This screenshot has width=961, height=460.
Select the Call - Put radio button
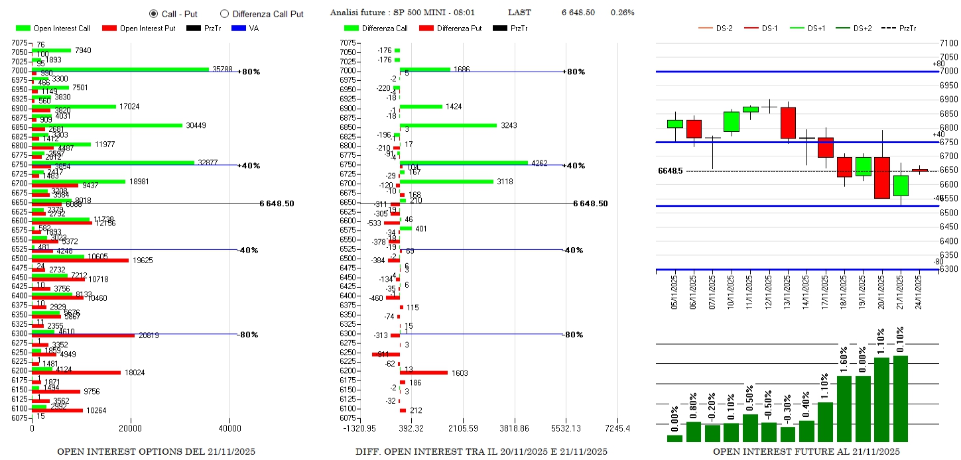(x=153, y=13)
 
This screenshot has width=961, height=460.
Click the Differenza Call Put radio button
(x=224, y=13)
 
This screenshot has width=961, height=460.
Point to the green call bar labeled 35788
(x=119, y=69)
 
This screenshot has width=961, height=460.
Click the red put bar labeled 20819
(x=83, y=335)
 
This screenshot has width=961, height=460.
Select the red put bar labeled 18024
(x=76, y=373)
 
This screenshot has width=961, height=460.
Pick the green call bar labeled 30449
(x=106, y=125)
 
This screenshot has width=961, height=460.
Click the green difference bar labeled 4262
(x=464, y=162)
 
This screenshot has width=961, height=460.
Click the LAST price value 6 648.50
(x=578, y=13)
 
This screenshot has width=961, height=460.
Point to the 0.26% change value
(x=622, y=13)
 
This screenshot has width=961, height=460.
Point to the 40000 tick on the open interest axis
(x=229, y=428)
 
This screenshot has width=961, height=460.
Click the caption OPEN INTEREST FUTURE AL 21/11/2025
(x=806, y=451)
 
